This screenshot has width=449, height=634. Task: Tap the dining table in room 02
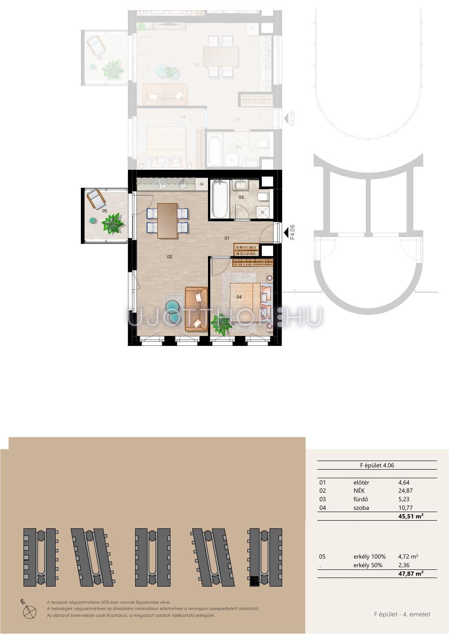pos(167,221)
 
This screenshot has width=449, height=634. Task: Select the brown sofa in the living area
pos(196,309)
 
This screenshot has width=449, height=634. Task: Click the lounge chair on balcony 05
pos(96,198)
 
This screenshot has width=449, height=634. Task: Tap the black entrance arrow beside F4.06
pos(286,233)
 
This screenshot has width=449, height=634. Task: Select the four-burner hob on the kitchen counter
pos(160,183)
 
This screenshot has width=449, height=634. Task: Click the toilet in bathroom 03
pos(263,197)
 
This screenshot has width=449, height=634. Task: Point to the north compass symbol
pos(29,611)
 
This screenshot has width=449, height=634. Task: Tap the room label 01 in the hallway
pos(227,238)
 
